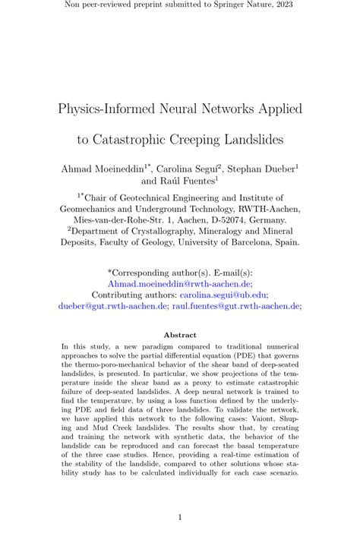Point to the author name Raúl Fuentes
point(190,181)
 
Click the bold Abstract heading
point(180,335)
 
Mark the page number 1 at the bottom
point(180,518)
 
